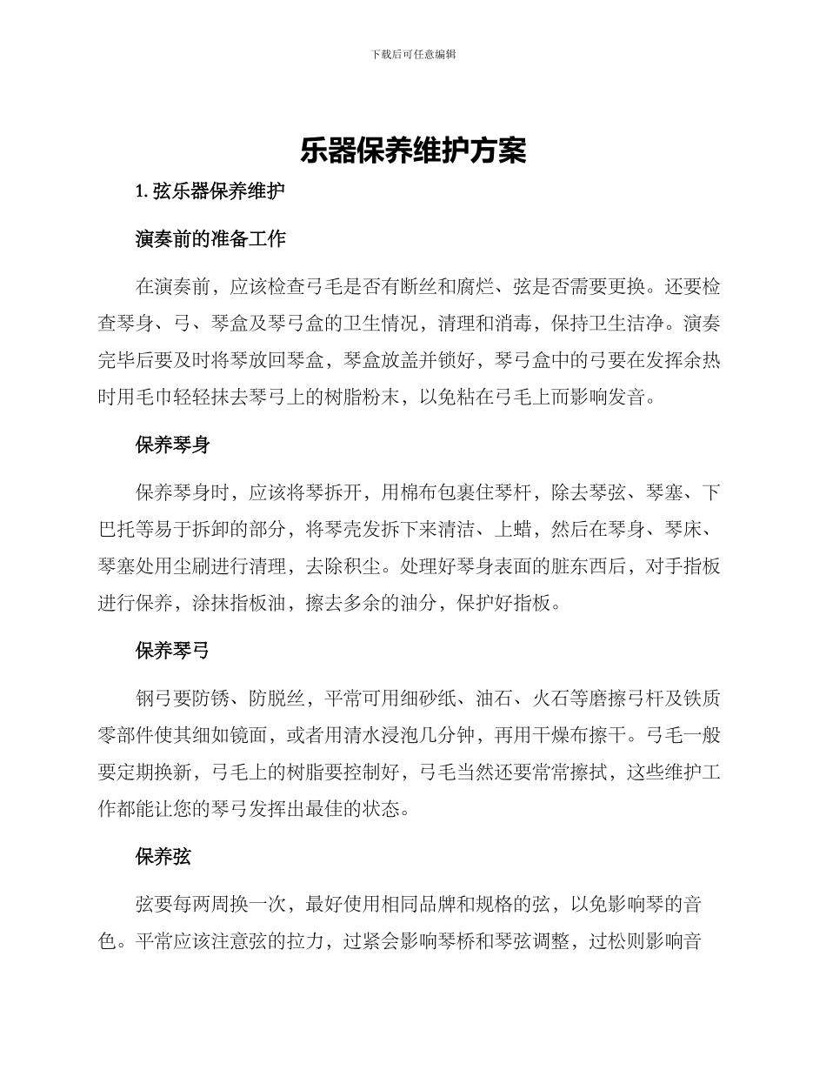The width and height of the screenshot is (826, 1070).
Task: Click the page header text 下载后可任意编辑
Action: point(413,54)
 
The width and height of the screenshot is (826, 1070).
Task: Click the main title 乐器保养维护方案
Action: point(413,150)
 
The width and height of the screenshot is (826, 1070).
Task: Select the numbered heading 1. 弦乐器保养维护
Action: point(210,193)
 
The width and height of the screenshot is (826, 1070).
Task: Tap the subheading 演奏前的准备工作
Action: point(210,239)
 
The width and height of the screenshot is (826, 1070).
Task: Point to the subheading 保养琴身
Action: point(172,445)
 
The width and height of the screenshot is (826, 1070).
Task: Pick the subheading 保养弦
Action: point(163,857)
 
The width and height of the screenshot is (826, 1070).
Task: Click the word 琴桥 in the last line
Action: point(445,942)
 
